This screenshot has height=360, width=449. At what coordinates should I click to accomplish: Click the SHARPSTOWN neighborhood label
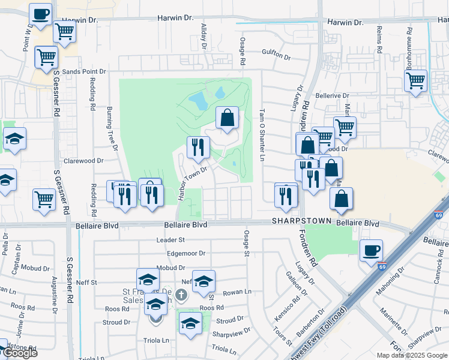pos(301,221)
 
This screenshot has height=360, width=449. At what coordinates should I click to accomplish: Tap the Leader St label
pos(170,240)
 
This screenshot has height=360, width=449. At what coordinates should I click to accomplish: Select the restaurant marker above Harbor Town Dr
pos(197,147)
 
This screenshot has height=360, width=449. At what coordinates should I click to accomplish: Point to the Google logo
pos(19,353)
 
